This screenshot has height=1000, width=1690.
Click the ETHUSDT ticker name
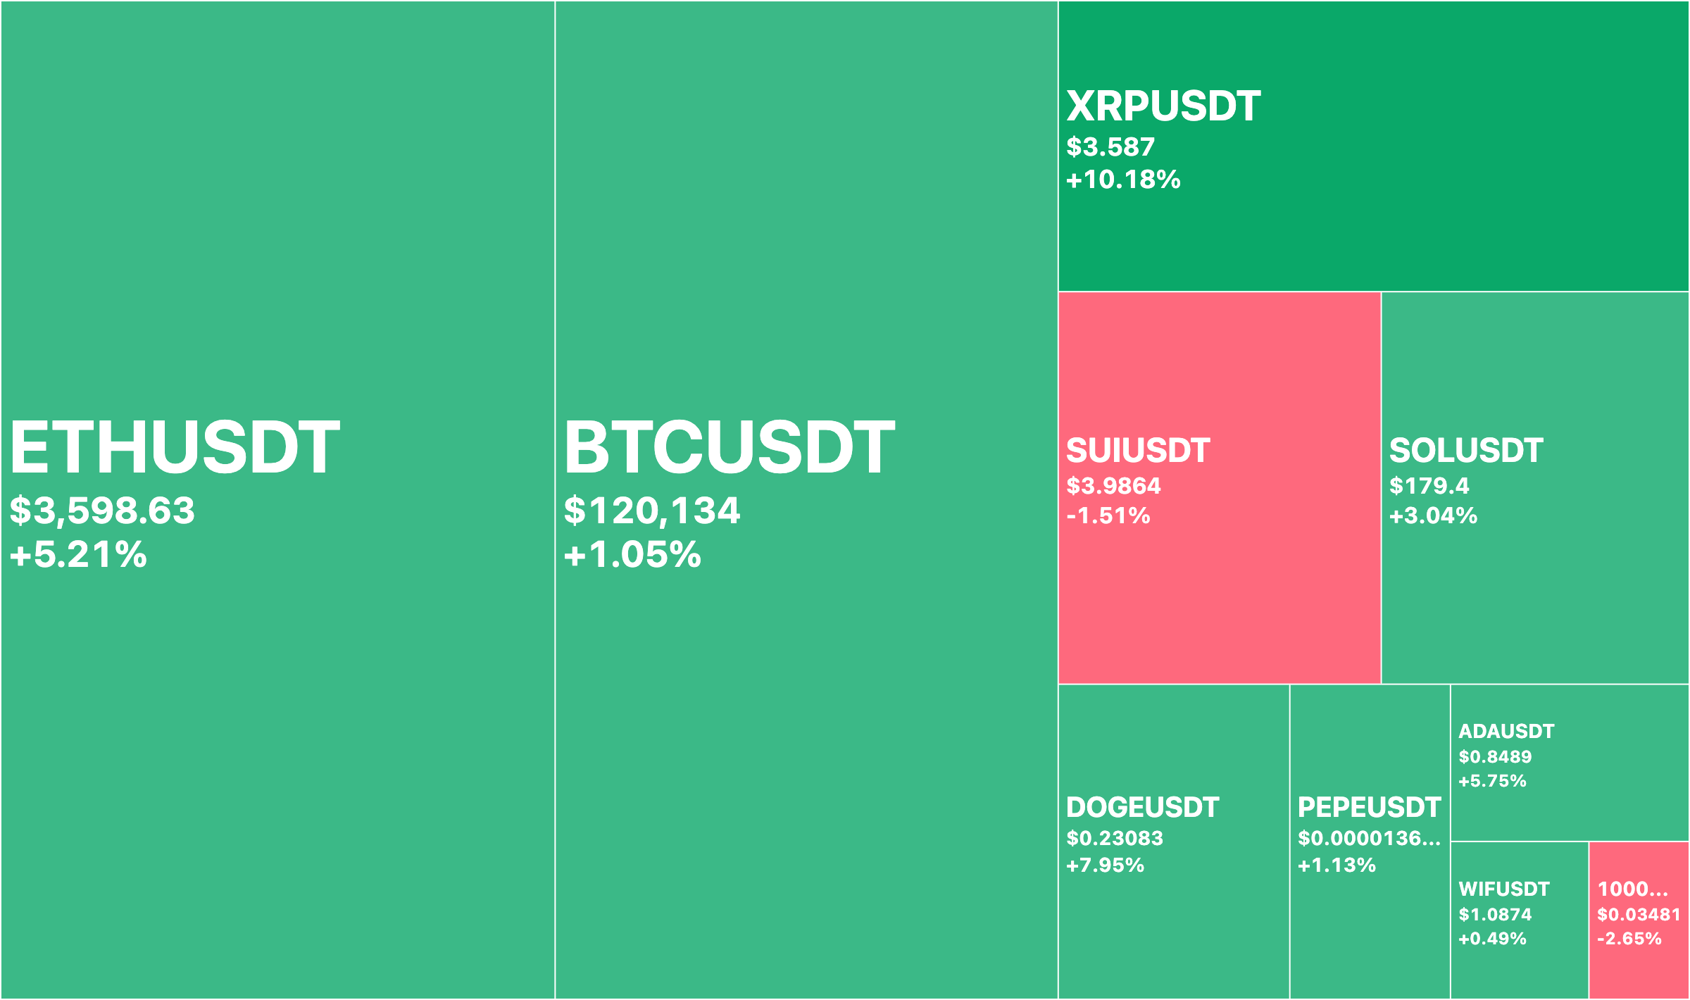pos(175,447)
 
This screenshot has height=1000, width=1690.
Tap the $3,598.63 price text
pos(102,511)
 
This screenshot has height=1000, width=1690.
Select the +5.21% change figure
pos(78,554)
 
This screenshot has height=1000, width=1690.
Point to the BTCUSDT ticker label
pos(730,447)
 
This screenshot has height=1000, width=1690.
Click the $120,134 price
pos(652,511)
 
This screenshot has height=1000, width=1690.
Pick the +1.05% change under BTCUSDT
pos(632,554)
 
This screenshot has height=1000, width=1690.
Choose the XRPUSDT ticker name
pos(1163,106)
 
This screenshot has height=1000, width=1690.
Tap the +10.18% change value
pos(1123,180)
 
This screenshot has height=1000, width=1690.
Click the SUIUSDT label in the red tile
pos(1138,451)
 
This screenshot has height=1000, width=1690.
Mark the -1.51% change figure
pos(1108,515)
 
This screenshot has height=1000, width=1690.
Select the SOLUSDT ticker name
pos(1466,451)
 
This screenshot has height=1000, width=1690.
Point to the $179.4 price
pos(1429,486)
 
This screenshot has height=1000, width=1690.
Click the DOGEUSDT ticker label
pos(1142,808)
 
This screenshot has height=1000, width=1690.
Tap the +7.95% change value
pos(1105,865)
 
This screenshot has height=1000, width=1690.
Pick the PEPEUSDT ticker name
pos(1369,808)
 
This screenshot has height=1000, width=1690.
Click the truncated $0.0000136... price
pos(1369,838)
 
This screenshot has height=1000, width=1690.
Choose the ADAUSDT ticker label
pos(1506,732)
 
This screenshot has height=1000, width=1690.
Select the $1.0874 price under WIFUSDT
pos(1495,915)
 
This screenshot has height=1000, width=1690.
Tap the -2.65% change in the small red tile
pos(1629,939)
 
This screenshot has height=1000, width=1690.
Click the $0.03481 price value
pos(1639,915)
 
